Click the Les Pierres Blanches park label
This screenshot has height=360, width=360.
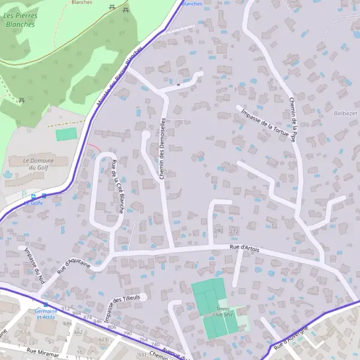point(20,20)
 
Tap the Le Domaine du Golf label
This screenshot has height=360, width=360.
point(38,164)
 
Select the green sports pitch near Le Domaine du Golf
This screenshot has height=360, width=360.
point(67,134)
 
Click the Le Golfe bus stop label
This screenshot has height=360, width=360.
point(34,203)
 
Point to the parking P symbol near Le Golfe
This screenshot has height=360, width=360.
point(24,194)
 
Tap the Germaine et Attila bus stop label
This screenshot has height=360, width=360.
point(46,314)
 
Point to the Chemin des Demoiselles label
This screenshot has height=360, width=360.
point(162,148)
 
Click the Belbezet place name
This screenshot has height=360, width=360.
point(344,112)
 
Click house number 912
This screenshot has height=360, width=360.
point(64,308)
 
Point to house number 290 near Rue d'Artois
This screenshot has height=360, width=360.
point(218,230)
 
